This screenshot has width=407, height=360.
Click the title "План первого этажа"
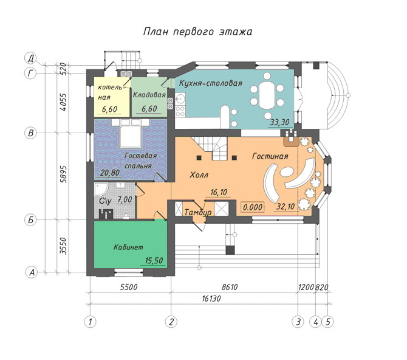[x=198, y=32]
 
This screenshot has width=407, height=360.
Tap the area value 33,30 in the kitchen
[x=279, y=122]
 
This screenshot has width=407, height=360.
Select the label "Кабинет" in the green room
[x=128, y=247]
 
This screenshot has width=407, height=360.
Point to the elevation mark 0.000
[x=253, y=207]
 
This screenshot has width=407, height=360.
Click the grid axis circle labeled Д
[x=30, y=58]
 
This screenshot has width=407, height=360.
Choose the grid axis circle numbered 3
[x=298, y=322]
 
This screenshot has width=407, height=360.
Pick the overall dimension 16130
[x=211, y=299]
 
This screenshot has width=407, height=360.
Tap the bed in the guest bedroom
[x=131, y=133]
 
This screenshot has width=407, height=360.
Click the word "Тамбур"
[x=198, y=212]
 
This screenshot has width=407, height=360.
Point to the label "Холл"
[x=199, y=175]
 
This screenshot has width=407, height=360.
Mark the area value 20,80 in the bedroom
[x=110, y=173]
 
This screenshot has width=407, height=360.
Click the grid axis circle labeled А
[x=32, y=272]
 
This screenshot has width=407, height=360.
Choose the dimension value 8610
[x=230, y=287]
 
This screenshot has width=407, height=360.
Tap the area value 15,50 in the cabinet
[x=154, y=260]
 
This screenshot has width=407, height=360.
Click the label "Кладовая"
[x=149, y=95]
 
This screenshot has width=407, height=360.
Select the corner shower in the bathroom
[x=100, y=189]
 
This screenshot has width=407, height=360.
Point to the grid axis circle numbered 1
[x=90, y=322]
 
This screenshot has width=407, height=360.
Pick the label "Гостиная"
[x=270, y=156]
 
